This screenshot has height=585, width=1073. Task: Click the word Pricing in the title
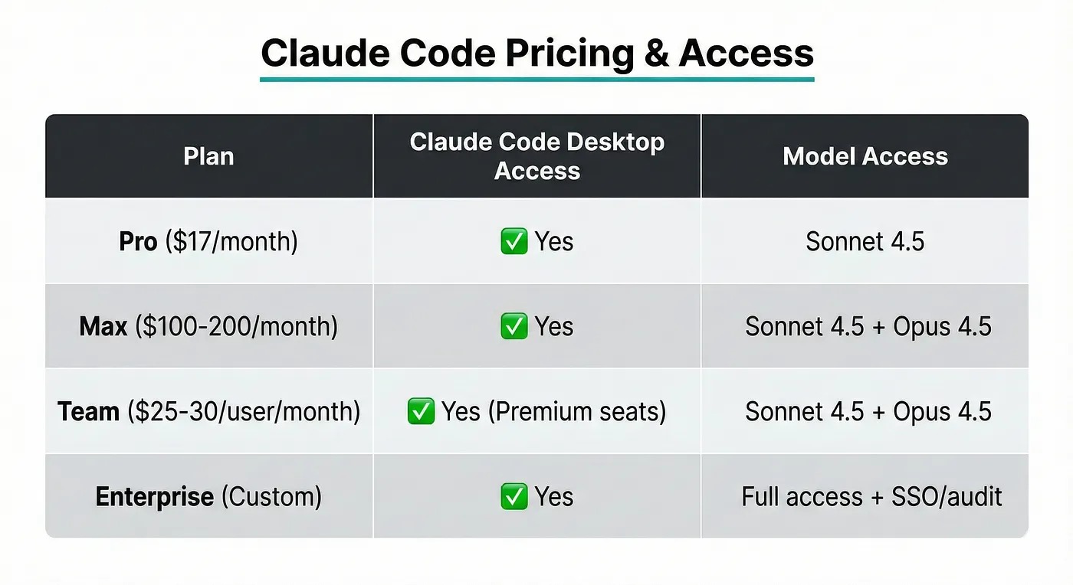(x=570, y=54)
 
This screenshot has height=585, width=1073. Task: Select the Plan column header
(x=208, y=156)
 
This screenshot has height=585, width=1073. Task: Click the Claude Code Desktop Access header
(x=537, y=156)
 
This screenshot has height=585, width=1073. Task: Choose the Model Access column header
(x=865, y=156)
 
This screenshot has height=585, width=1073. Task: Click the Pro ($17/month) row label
(x=208, y=241)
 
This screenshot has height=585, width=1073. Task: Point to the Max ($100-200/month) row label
(x=208, y=326)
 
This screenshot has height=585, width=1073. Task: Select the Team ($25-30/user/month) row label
(x=208, y=412)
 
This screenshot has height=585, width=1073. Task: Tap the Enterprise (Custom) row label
(x=208, y=496)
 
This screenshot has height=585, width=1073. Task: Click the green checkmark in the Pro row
(x=514, y=240)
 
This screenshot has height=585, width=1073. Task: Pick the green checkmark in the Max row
(x=514, y=326)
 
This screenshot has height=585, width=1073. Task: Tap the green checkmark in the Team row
(x=421, y=411)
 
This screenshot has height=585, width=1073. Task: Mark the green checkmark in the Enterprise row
(x=514, y=496)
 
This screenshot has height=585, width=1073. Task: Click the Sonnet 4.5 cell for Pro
(x=865, y=241)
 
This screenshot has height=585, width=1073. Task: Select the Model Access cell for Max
(x=868, y=326)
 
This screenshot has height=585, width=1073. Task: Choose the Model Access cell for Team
(x=868, y=412)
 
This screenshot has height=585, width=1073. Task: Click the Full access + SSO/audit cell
(x=872, y=496)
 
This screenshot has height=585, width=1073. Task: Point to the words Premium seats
(x=577, y=412)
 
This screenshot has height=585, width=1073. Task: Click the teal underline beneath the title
(x=537, y=79)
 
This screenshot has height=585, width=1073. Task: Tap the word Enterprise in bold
(x=155, y=496)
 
